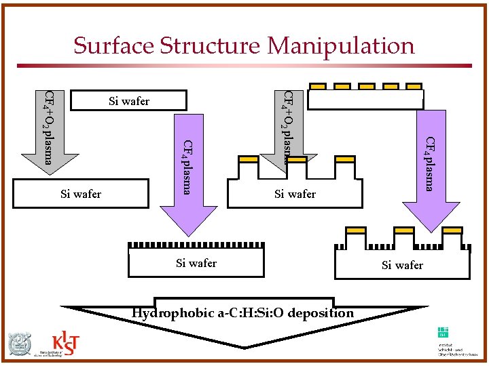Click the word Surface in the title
[113, 45]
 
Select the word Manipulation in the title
[340, 45]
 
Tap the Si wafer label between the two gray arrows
[129, 101]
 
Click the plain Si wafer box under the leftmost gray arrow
[81, 193]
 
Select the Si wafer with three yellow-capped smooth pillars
[295, 193]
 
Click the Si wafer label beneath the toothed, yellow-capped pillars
[402, 265]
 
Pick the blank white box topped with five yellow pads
[365, 100]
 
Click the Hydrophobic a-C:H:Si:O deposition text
[242, 312]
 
